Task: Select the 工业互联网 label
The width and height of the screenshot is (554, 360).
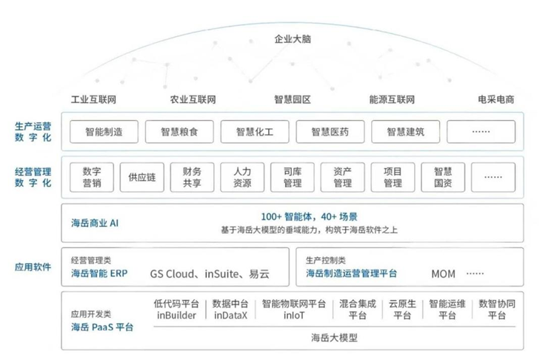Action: pyautogui.click(x=94, y=100)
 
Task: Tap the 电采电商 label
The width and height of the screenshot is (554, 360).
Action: pyautogui.click(x=495, y=100)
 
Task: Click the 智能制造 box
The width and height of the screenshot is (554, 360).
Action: pyautogui.click(x=104, y=133)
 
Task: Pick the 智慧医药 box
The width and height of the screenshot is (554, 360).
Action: pyautogui.click(x=330, y=133)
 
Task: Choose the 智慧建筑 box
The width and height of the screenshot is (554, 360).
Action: pyautogui.click(x=405, y=133)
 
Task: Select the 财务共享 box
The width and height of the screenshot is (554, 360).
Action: pyautogui.click(x=192, y=178)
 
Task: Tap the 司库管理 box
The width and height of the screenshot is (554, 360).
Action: pyautogui.click(x=293, y=178)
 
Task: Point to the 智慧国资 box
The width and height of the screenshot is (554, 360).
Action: pyautogui.click(x=443, y=178)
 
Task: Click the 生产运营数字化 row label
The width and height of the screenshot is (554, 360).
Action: pyautogui.click(x=33, y=133)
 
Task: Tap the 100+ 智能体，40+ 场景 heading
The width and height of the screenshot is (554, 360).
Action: pyautogui.click(x=310, y=217)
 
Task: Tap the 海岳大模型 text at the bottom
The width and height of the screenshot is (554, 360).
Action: pyautogui.click(x=333, y=338)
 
